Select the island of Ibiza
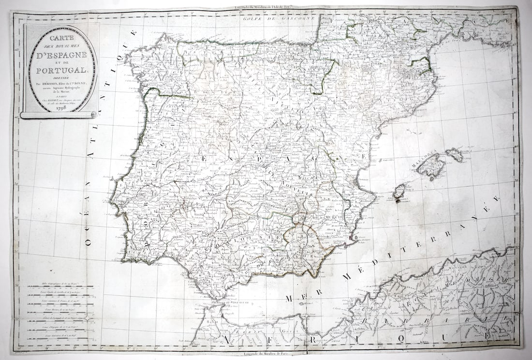400,192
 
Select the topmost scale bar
60,287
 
